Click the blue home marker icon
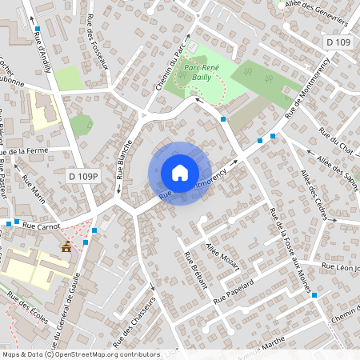(x=180, y=172)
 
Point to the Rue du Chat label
(x=335, y=143)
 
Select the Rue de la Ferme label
(x=26, y=151)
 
